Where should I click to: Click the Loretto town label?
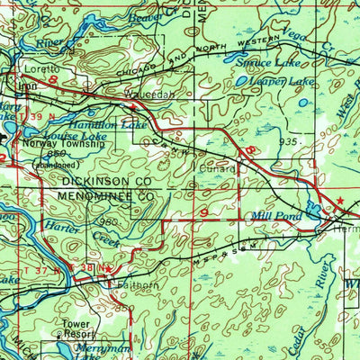(x=40, y=68)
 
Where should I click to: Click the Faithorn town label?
(x=138, y=286)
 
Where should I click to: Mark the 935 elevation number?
(x=286, y=142)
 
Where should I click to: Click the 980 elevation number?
(x=110, y=222)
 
